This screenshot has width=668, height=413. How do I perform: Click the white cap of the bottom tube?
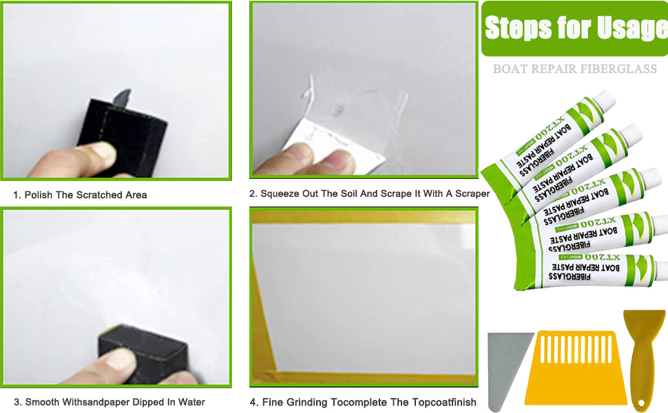(x=659, y=265)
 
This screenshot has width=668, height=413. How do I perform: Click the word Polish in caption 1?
(x=39, y=195)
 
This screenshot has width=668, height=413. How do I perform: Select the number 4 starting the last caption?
(x=252, y=402)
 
